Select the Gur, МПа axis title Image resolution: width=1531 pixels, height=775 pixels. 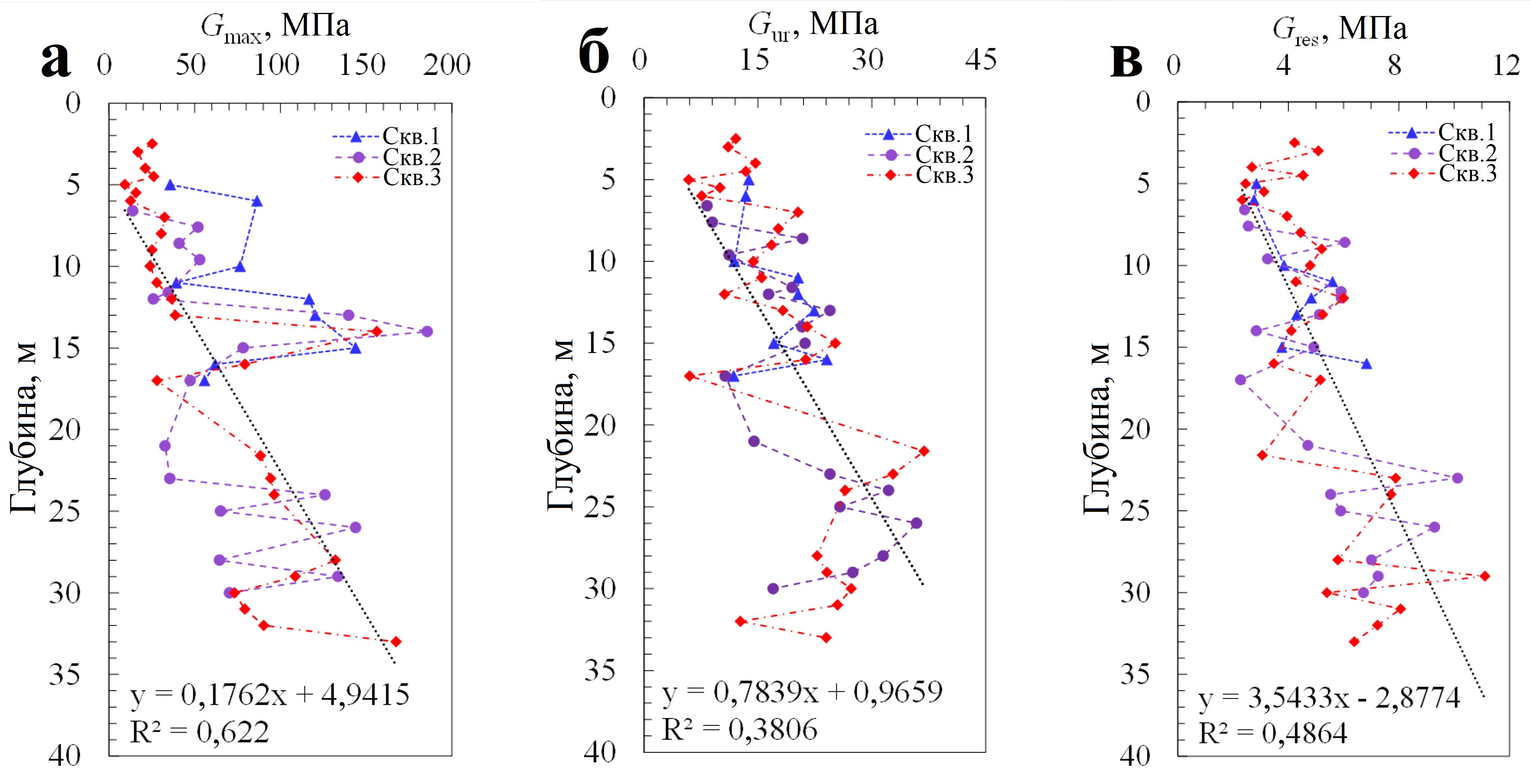813,25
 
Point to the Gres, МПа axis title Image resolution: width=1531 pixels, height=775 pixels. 1340,29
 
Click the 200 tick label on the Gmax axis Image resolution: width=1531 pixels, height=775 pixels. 447,64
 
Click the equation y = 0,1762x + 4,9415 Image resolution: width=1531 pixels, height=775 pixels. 269,694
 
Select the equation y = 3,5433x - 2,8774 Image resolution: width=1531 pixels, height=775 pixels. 1329,699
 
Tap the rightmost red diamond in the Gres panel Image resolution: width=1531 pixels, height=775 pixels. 1485,576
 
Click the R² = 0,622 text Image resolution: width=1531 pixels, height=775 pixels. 199,732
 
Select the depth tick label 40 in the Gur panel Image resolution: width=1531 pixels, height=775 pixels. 600,752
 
